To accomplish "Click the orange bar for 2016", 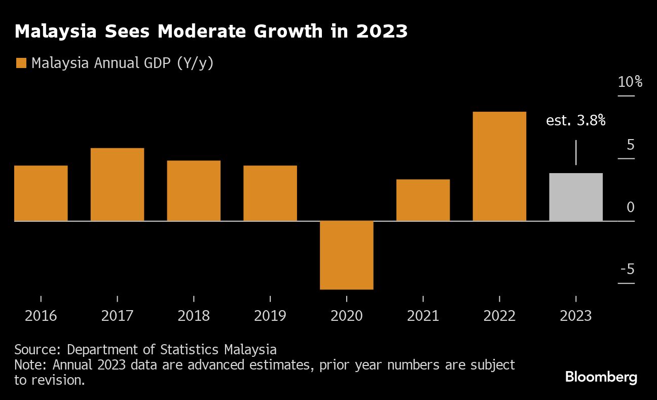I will click(x=41, y=193).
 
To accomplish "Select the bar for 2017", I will click(x=117, y=185).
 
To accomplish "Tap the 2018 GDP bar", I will click(x=194, y=191).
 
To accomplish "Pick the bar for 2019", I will click(x=270, y=193).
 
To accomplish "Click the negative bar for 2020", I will click(x=347, y=255).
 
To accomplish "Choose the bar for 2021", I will click(x=423, y=200).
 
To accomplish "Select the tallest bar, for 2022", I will click(x=499, y=166).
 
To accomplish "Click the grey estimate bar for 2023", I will click(x=576, y=197).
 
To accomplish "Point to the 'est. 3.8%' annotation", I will click(x=576, y=121).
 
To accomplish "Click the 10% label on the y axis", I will click(x=630, y=82).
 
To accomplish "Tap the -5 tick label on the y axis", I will click(x=628, y=269).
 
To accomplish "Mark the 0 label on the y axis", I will click(x=630, y=207).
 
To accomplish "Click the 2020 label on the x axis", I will click(x=347, y=316).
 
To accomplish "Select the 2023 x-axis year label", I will click(x=576, y=316).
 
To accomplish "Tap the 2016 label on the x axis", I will click(x=41, y=316).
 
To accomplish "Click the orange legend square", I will click(x=21, y=63).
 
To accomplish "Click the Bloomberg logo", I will click(x=601, y=377).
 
